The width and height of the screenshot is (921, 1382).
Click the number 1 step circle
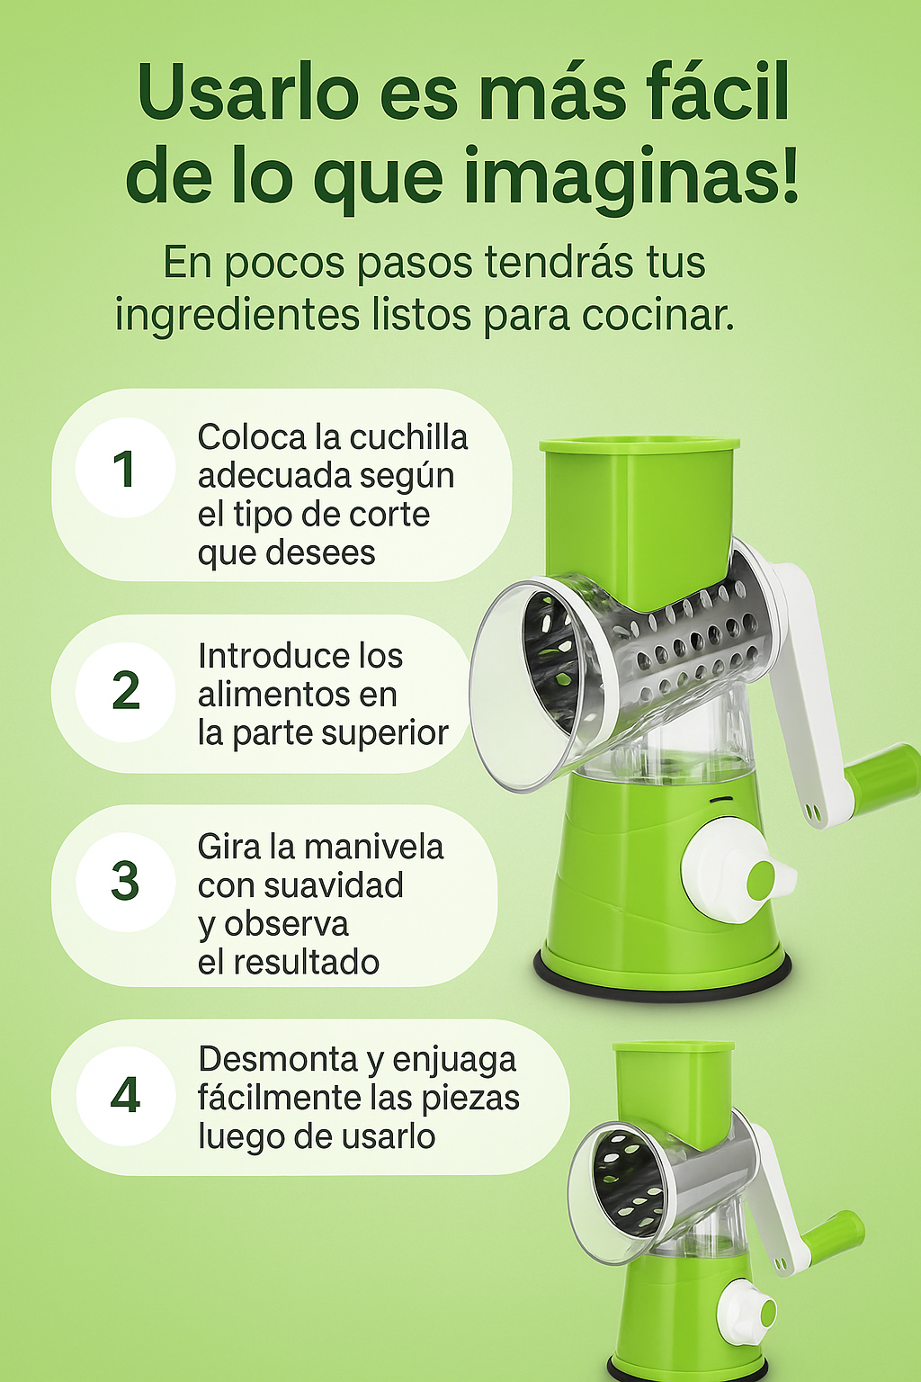[125, 468]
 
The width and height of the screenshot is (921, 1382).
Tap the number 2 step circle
[125, 692]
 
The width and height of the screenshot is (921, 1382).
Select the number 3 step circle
[125, 882]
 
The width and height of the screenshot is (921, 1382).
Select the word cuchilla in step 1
[408, 437]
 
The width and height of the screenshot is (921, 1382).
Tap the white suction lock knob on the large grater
[734, 878]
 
